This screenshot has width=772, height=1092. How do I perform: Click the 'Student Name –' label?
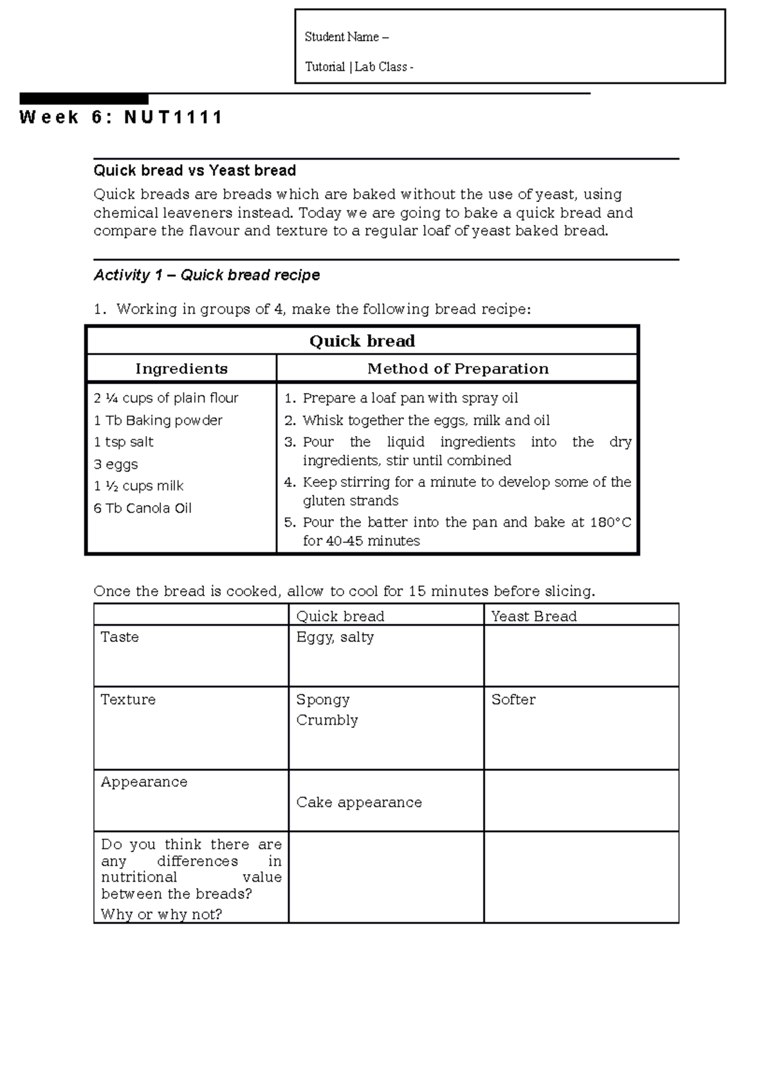(x=346, y=37)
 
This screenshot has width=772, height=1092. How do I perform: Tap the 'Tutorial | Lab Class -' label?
(x=358, y=67)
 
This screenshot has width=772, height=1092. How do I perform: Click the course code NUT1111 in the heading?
(x=173, y=118)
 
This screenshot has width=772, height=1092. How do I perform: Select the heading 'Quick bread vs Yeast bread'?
(x=194, y=170)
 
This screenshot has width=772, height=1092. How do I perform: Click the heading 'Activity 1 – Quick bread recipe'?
(x=207, y=275)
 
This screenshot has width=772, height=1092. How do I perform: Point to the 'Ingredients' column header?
(x=181, y=369)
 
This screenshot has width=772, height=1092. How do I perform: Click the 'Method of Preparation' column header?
(x=457, y=369)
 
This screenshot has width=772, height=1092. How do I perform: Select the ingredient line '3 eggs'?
(x=116, y=464)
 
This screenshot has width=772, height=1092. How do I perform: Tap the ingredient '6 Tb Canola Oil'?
(x=142, y=508)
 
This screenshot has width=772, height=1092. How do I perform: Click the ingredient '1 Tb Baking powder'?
(x=158, y=421)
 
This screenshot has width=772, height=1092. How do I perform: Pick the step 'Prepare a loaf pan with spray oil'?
(x=410, y=398)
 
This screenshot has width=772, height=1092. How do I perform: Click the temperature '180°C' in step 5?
(x=611, y=522)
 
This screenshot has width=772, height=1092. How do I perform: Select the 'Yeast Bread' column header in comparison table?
(x=534, y=616)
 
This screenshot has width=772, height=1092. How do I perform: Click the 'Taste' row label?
(x=120, y=637)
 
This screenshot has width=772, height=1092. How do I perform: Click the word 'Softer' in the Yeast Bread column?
(x=513, y=699)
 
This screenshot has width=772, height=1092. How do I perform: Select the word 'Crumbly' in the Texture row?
(x=327, y=720)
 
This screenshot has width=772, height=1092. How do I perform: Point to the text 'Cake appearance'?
(x=359, y=802)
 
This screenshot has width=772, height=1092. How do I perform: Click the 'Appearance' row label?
(x=144, y=781)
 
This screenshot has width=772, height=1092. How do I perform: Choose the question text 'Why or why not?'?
(x=161, y=914)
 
